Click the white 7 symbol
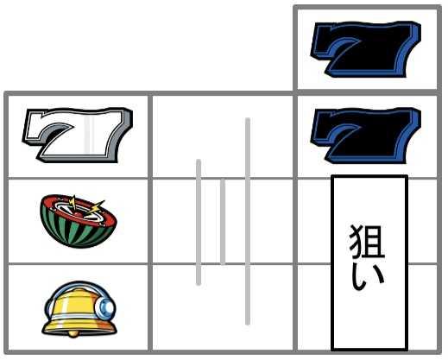point(77,135)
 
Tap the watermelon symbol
point(79,221)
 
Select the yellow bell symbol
point(79,309)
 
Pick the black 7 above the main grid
point(365,49)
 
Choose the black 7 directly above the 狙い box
point(365,136)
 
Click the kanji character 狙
point(368,242)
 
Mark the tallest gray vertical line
point(248,221)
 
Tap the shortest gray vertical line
point(223,221)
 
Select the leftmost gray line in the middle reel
point(199,222)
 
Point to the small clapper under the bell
point(73,335)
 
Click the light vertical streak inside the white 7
point(88,135)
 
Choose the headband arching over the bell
point(75,288)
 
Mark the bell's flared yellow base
point(79,327)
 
